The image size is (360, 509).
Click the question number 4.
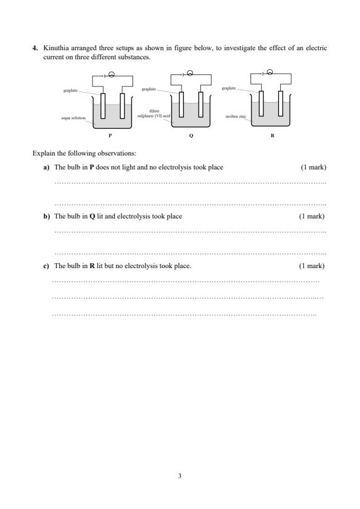(34, 48)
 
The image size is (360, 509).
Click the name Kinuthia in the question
(56, 48)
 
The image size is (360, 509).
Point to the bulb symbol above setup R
(270, 72)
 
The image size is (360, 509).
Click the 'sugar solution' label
(73, 118)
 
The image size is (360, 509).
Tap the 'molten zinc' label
(236, 116)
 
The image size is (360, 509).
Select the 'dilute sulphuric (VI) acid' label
(154, 113)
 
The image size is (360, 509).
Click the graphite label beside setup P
(70, 90)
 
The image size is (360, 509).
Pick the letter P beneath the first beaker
(110, 136)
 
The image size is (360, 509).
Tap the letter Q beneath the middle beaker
(191, 136)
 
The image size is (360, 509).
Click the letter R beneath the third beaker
(272, 136)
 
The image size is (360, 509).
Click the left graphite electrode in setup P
(103, 106)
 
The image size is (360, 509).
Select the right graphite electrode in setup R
(281, 103)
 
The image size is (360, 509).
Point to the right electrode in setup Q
(201, 105)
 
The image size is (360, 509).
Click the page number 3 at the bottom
(180, 476)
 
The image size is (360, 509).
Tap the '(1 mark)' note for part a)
(313, 167)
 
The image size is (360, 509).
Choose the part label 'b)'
(47, 216)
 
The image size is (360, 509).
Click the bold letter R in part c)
(92, 266)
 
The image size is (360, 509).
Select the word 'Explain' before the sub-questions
(44, 153)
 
